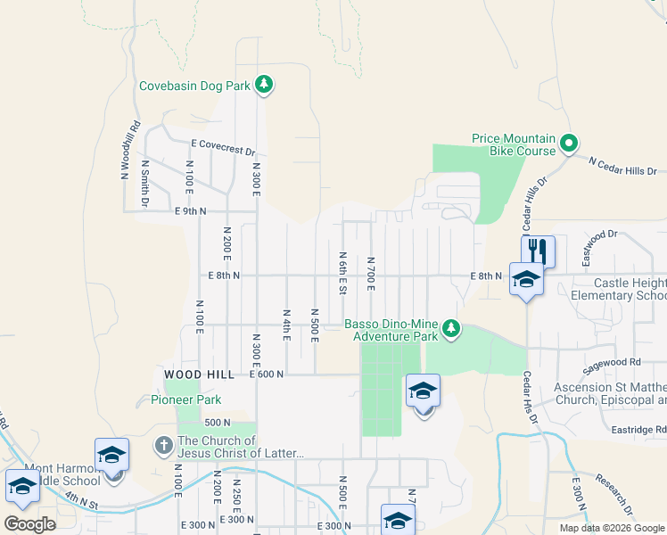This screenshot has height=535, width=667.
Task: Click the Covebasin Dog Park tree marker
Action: point(263,86)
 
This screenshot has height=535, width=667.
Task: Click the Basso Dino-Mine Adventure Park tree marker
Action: point(452,329)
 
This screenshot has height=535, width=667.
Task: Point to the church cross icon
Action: point(163,444)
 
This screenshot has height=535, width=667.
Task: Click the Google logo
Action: point(30,523)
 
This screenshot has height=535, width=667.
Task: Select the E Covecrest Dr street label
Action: point(223,147)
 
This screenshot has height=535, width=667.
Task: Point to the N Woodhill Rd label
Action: point(130,151)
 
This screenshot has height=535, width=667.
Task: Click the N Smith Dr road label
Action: point(145,183)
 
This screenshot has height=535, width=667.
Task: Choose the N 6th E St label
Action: point(342,272)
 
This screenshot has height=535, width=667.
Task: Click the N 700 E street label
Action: point(370,274)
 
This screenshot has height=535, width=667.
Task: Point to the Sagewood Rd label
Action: point(611,363)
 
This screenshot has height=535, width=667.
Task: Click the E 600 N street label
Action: point(267,374)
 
